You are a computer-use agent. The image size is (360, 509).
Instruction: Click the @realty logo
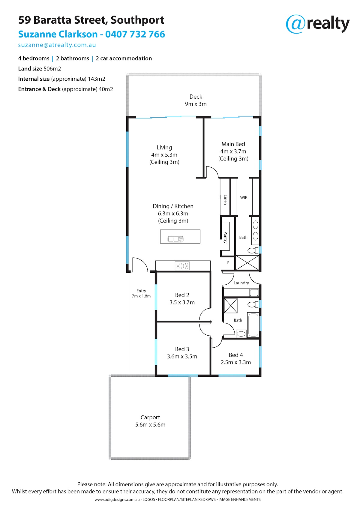(317, 24)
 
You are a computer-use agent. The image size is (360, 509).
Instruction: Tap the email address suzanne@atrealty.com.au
(57, 45)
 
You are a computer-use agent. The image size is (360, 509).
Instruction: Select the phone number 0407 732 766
(135, 34)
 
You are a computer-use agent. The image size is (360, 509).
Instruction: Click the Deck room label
(196, 97)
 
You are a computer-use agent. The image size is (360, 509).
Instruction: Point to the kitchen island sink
(175, 239)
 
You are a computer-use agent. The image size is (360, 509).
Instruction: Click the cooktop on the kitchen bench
(182, 266)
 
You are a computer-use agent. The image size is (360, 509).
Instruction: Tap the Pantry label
(226, 237)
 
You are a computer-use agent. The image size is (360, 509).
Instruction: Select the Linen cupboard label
(226, 199)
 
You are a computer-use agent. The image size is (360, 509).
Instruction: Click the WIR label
(244, 197)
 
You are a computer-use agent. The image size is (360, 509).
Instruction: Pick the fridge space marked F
(228, 263)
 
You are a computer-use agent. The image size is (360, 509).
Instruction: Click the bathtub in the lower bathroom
(253, 325)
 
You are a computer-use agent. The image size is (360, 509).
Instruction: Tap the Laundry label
(241, 283)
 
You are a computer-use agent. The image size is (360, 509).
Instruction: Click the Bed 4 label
(236, 355)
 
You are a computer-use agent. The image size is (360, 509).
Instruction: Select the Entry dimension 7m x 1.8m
(141, 296)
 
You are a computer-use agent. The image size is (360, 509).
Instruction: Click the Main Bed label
(233, 144)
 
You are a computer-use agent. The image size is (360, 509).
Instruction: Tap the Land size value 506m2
(52, 69)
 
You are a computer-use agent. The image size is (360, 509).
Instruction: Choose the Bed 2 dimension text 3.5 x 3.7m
(182, 302)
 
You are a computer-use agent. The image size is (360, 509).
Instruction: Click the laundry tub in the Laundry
(254, 293)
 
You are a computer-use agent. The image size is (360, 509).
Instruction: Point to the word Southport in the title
(137, 20)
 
